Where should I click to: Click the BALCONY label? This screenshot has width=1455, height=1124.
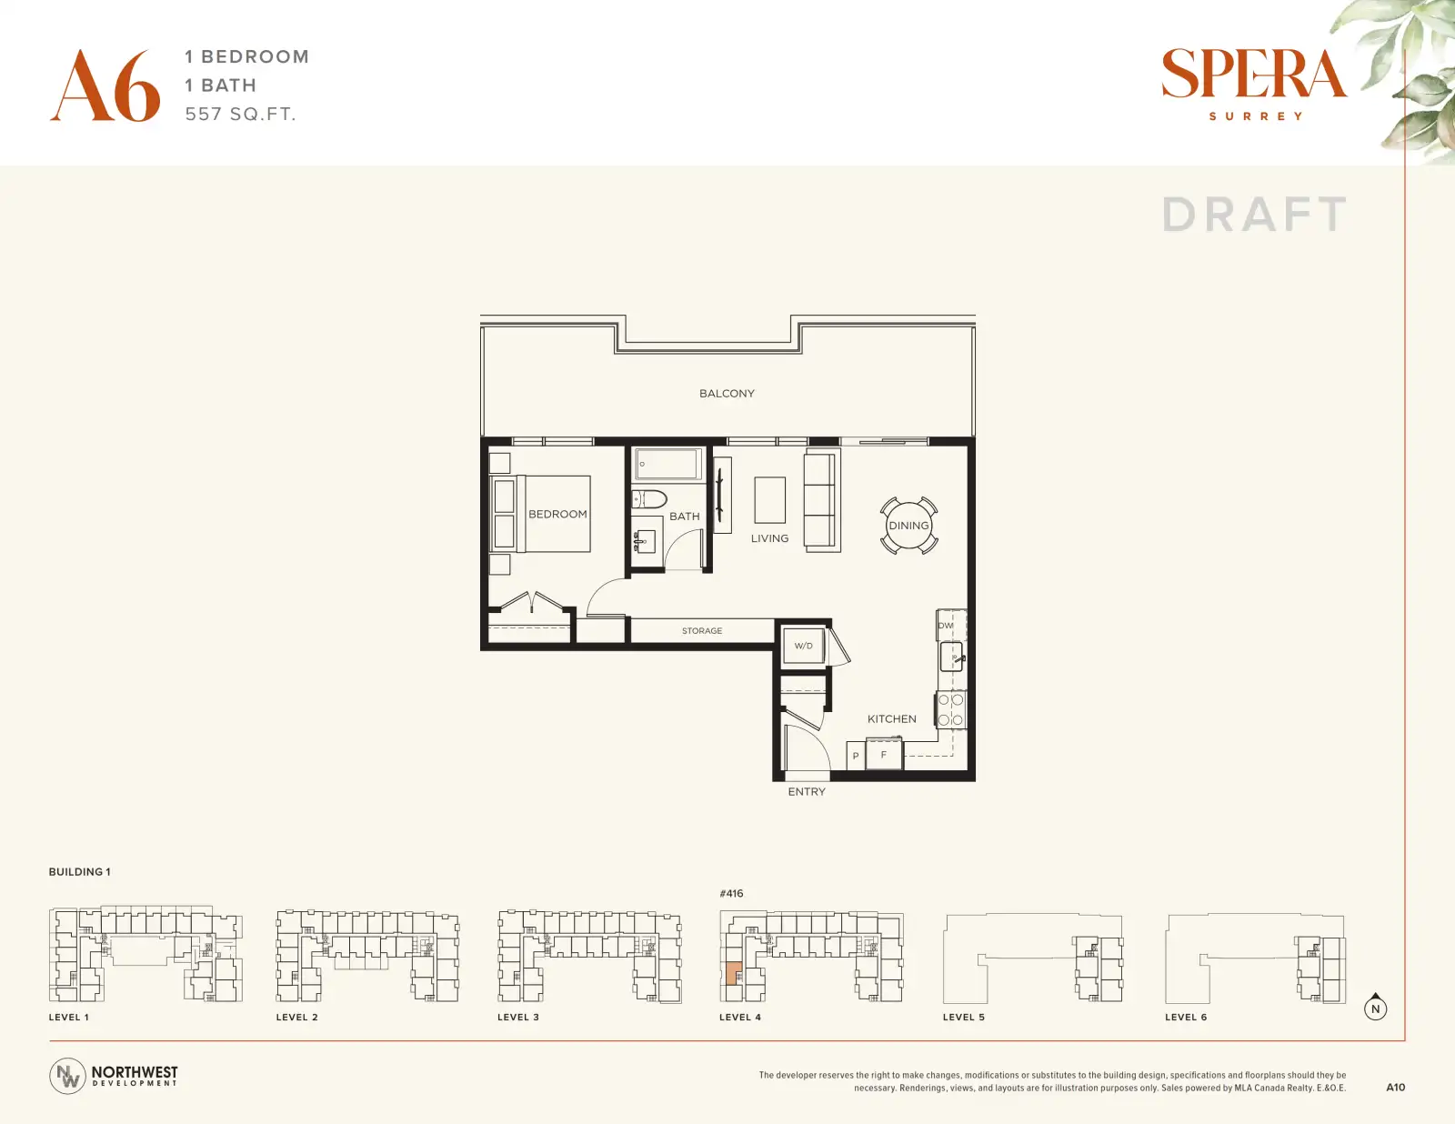tap(727, 394)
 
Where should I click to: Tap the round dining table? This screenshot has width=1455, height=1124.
tap(908, 526)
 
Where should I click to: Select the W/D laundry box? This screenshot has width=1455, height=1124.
tap(804, 646)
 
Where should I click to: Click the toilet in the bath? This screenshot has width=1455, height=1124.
tap(648, 498)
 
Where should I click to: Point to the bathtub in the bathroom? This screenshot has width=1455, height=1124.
tap(668, 463)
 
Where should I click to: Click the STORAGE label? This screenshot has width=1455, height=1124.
tap(702, 630)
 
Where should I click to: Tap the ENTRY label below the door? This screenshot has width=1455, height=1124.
tap(807, 792)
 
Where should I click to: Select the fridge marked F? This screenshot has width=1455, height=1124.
tap(884, 754)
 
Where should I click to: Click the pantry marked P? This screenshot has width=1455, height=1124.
tap(855, 756)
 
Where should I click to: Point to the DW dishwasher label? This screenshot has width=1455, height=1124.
tap(945, 626)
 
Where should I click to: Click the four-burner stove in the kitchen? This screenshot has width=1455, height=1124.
tap(951, 710)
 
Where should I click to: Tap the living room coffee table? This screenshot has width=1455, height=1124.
tap(769, 499)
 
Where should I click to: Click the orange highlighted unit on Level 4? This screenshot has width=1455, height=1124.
tap(734, 972)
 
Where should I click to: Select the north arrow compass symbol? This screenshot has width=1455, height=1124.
tap(1375, 1008)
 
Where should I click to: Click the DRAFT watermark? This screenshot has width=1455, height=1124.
tap(1254, 215)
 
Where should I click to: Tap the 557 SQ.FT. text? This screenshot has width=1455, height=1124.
tap(240, 114)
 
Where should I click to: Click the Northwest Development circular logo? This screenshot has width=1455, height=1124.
tap(67, 1076)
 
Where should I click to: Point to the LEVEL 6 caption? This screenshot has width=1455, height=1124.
tap(1186, 1017)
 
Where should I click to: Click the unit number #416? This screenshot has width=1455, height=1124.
tap(731, 894)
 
